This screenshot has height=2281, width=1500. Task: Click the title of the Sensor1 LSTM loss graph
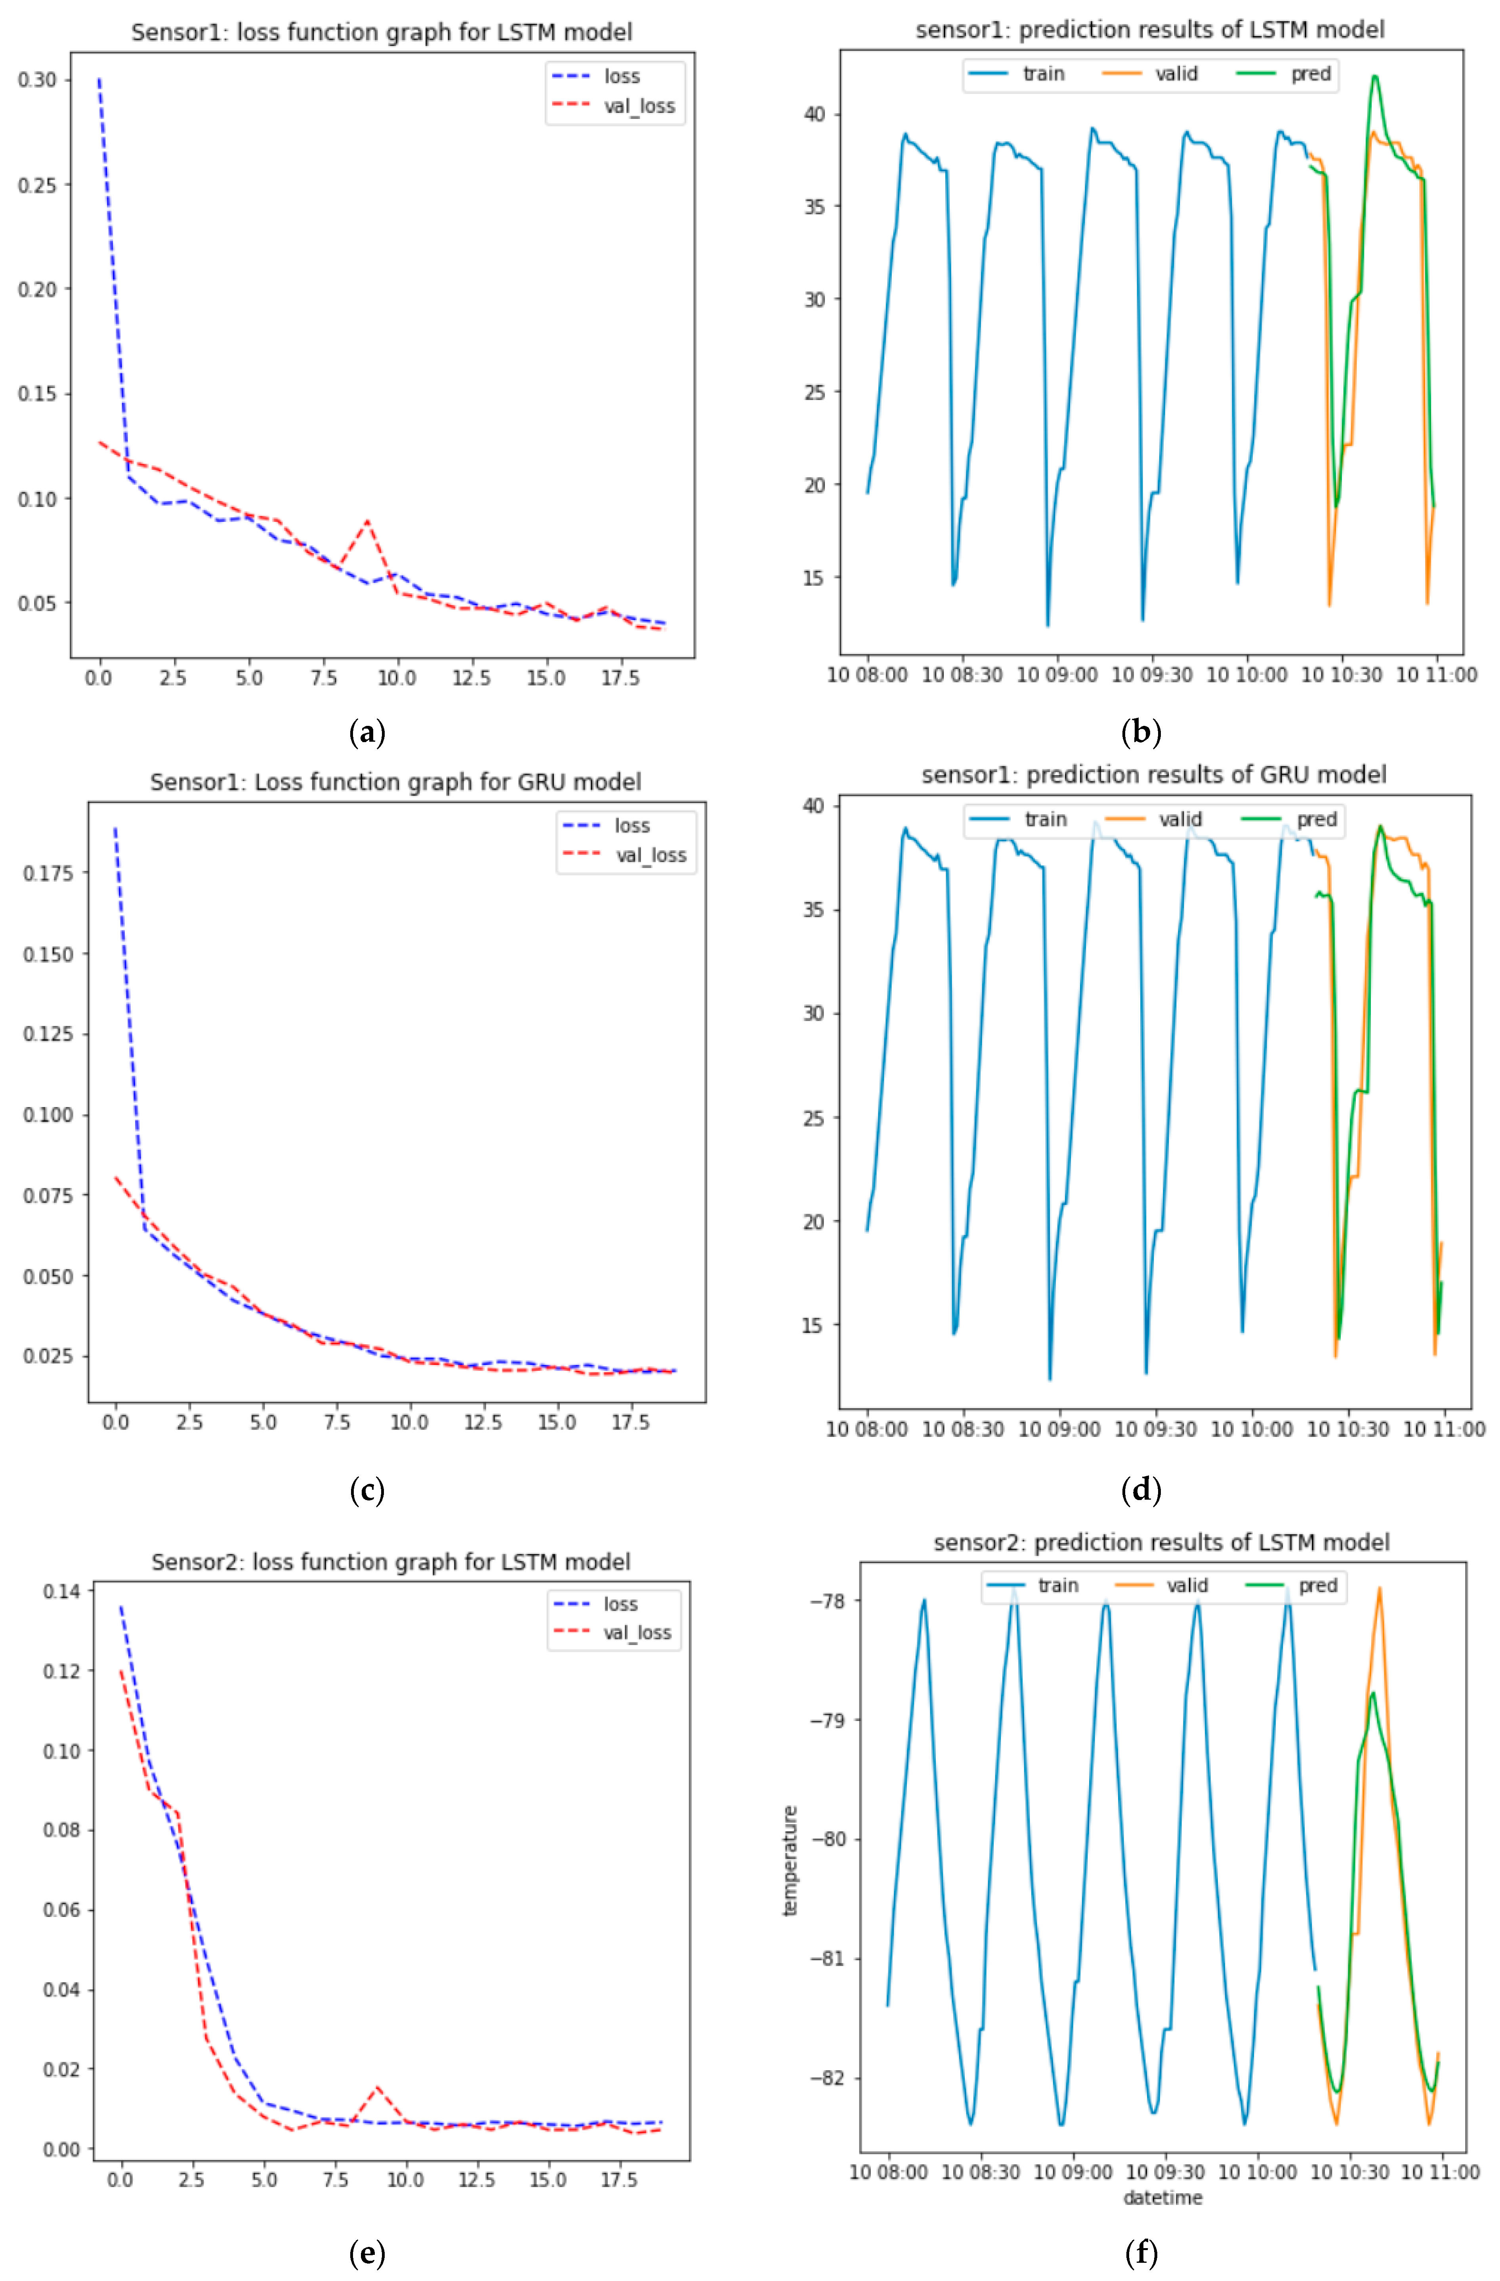pyautogui.click(x=382, y=32)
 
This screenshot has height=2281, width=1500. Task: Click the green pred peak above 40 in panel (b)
pyautogui.click(x=1374, y=77)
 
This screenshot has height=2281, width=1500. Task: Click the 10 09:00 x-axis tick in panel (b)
pyautogui.click(x=1056, y=675)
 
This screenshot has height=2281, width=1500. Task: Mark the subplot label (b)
pyautogui.click(x=1141, y=733)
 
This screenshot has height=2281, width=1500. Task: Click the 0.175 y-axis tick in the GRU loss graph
pyautogui.click(x=48, y=873)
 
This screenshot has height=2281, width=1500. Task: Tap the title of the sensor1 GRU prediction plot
pyautogui.click(x=1153, y=774)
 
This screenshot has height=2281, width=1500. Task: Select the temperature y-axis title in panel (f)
pyautogui.click(x=790, y=1861)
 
